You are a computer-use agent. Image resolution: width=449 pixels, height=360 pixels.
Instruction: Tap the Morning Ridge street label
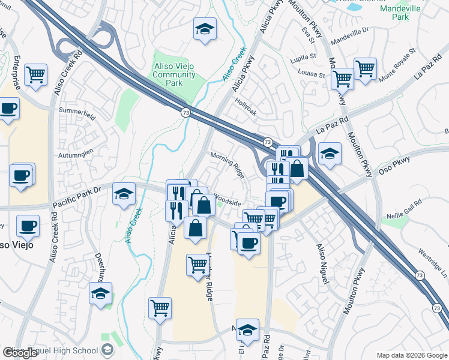coord(228,163)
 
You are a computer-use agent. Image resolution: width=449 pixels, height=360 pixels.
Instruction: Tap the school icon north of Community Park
coord(205,29)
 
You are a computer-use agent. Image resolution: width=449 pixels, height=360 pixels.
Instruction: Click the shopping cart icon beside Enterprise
coord(36,75)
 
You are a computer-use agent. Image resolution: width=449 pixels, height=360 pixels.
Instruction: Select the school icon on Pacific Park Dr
coord(124,193)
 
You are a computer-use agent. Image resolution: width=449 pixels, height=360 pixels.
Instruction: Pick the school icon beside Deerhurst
coord(100,293)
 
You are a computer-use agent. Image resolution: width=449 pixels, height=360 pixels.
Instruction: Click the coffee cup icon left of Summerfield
coord(8,109)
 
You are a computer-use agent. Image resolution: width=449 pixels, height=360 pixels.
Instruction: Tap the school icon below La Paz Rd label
coord(330,154)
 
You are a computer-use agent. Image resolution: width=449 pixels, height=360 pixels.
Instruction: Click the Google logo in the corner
coord(20,353)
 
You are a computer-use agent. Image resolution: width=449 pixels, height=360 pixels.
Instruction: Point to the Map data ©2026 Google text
coord(412,355)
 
